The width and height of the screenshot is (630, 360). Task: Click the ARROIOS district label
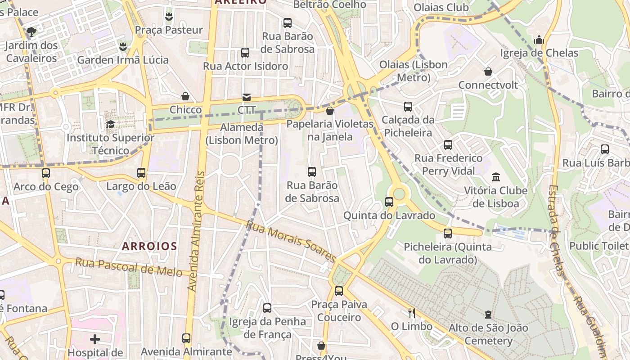(x=149, y=246)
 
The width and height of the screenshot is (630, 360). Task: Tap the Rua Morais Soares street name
(x=291, y=241)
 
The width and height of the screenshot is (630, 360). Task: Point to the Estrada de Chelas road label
(x=556, y=229)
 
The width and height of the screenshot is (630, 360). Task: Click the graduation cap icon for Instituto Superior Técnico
(x=110, y=124)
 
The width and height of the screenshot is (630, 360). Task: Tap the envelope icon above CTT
(x=247, y=97)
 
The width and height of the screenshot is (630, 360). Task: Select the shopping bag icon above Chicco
(x=185, y=96)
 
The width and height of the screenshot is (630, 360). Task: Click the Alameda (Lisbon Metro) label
(x=242, y=134)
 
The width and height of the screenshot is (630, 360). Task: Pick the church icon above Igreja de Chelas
(x=539, y=40)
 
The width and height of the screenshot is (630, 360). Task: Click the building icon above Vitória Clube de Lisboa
(x=496, y=177)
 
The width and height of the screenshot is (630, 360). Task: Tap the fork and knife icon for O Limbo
(x=411, y=313)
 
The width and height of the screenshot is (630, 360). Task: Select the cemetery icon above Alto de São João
(x=488, y=314)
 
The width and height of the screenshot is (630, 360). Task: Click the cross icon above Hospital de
(x=95, y=339)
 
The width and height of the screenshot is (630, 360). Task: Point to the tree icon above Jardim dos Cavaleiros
(x=31, y=31)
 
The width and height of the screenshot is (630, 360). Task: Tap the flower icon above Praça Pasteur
(x=169, y=17)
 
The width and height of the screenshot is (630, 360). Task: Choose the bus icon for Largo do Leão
(x=141, y=172)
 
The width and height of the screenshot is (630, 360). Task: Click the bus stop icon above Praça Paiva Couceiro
(x=339, y=291)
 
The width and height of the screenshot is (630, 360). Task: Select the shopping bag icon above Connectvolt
(x=488, y=72)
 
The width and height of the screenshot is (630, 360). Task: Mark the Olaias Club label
(x=441, y=7)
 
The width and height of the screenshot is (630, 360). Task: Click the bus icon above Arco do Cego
(x=46, y=173)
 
